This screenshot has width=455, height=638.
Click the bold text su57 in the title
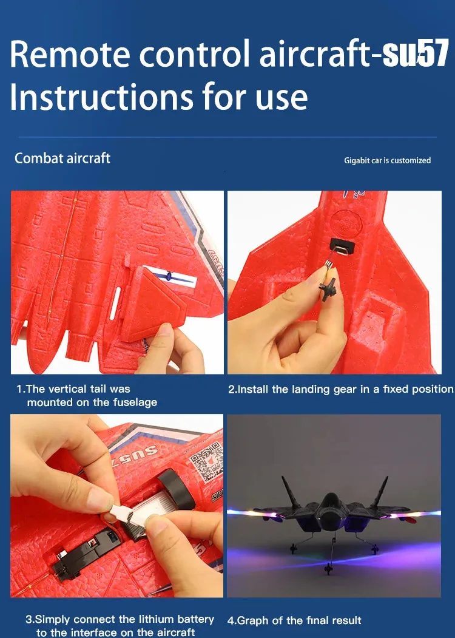(416, 53)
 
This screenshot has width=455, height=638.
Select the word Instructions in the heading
(101, 97)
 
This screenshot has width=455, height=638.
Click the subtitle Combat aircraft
(62, 158)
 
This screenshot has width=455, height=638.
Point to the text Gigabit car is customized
(388, 160)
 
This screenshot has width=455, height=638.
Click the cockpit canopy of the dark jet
(332, 501)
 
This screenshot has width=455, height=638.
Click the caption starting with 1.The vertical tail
(87, 396)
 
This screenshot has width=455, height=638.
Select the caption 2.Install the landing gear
(340, 389)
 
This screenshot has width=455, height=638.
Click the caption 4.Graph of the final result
(294, 620)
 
